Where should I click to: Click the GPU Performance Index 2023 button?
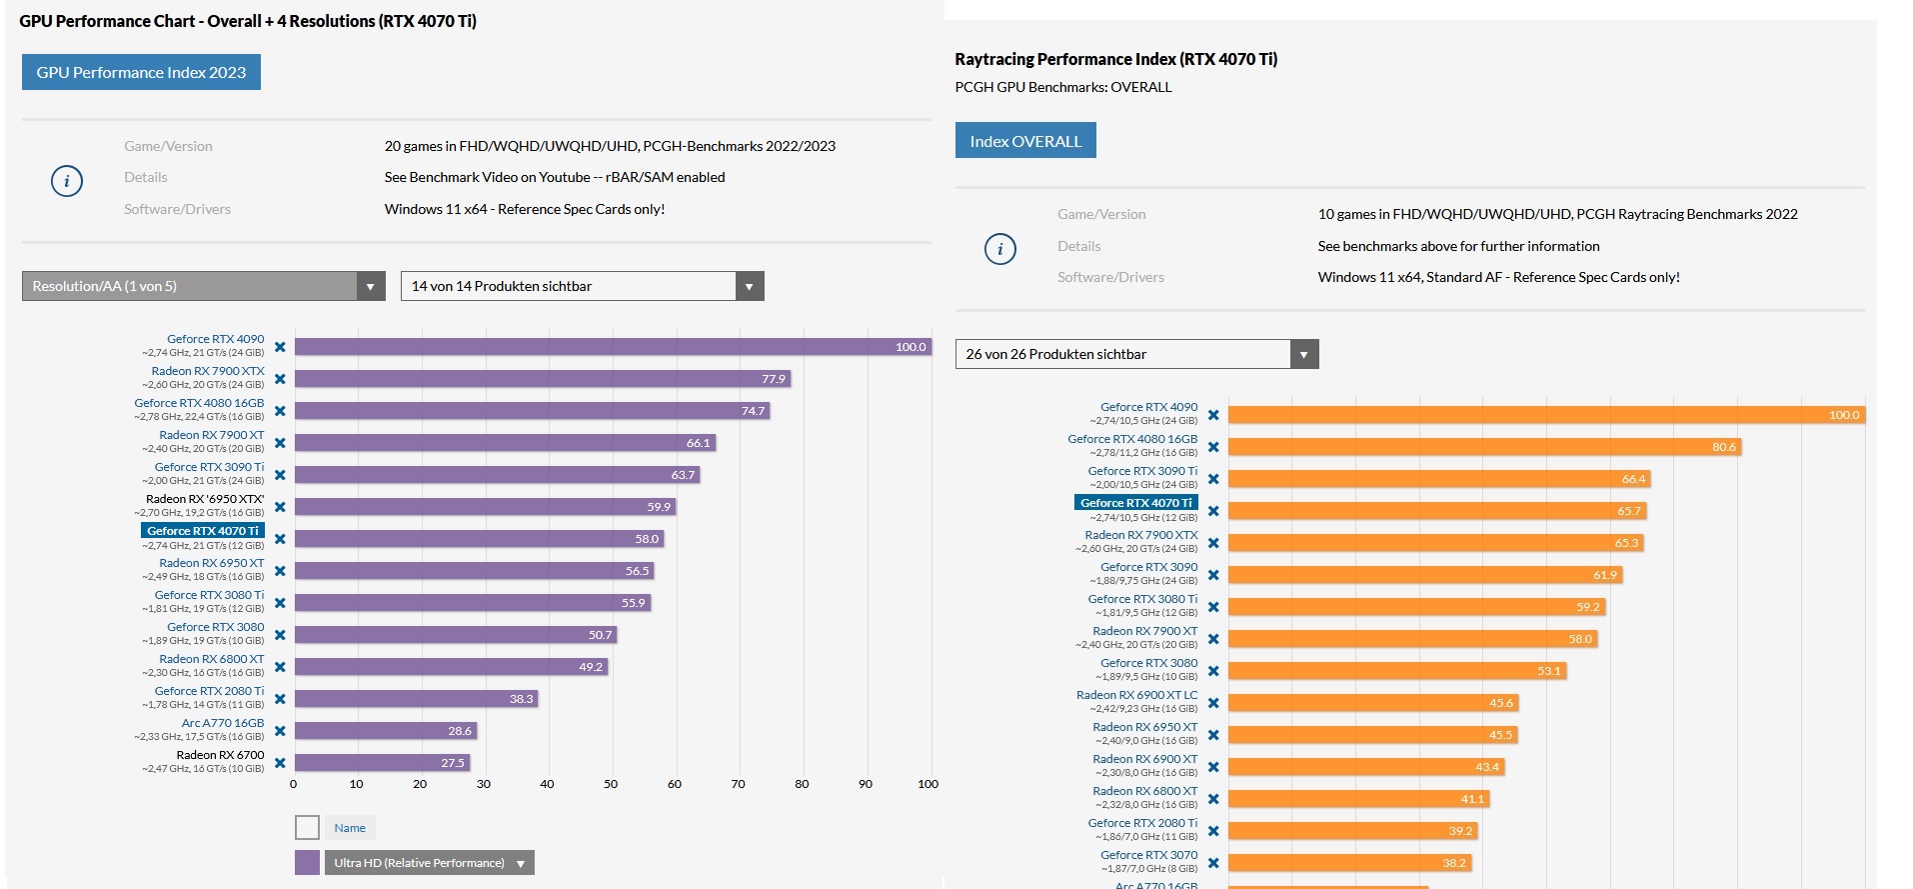(141, 72)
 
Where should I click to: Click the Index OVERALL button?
(1025, 141)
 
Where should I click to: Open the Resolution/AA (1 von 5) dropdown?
(203, 286)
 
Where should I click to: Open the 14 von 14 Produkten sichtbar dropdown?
(582, 286)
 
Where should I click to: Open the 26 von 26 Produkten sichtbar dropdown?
(1136, 354)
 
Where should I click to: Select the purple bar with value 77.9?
(542, 379)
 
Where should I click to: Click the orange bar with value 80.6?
(1484, 447)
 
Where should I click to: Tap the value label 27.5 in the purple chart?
(453, 763)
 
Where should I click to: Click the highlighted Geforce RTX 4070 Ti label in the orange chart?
(1135, 503)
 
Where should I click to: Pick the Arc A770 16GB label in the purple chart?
(223, 723)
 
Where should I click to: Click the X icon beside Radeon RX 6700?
(280, 763)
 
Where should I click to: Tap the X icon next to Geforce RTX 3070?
(1213, 863)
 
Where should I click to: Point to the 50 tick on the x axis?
(611, 784)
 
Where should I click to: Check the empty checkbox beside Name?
(307, 828)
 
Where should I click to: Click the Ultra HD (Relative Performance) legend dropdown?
(429, 863)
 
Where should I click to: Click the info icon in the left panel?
(67, 181)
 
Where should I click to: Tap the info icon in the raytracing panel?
(1000, 249)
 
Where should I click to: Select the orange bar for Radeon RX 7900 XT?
(1412, 639)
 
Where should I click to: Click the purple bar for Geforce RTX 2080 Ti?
(416, 699)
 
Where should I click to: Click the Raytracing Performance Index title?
(1115, 59)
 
